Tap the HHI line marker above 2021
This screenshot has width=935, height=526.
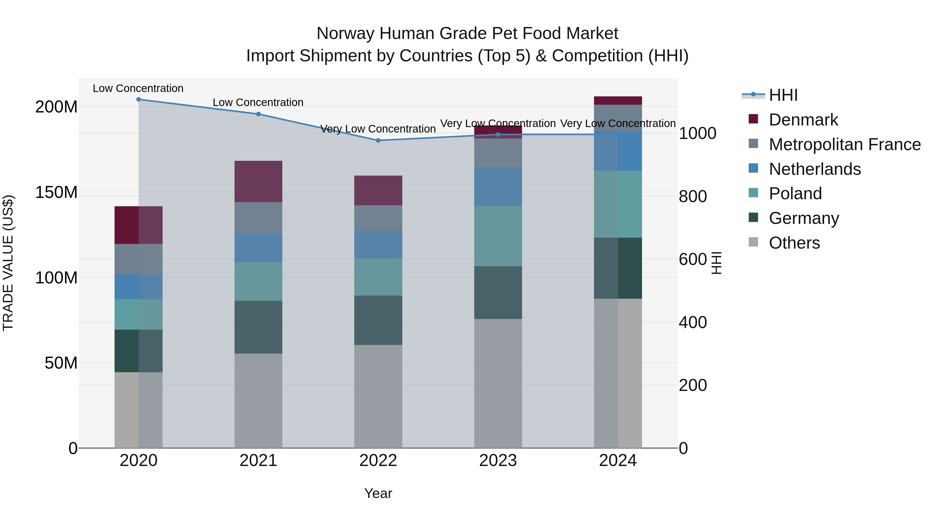258,114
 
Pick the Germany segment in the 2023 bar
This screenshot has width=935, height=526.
498,292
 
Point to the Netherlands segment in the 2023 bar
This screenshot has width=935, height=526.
498,187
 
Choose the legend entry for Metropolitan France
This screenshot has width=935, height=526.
844,144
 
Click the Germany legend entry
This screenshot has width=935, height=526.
804,218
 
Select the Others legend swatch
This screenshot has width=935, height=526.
753,242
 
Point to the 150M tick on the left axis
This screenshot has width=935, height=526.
56,192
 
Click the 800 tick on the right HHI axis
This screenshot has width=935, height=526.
692,196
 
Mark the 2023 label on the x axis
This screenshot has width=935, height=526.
498,460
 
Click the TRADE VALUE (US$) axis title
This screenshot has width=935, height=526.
8,263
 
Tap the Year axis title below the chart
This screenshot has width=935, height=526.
378,493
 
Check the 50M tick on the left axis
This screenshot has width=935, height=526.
61,363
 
